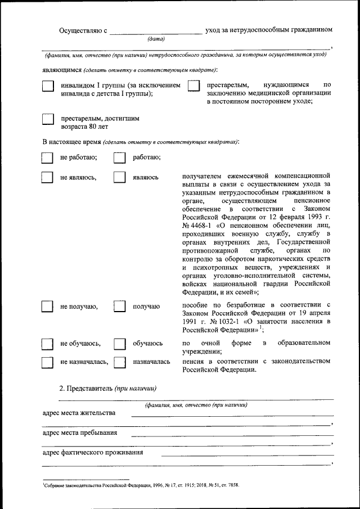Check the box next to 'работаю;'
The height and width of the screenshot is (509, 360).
[119, 158]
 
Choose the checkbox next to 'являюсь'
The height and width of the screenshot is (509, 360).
[119, 178]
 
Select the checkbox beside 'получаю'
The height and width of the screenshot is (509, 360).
[119, 307]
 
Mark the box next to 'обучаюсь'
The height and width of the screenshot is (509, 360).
[119, 344]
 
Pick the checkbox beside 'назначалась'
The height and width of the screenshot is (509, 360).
[119, 362]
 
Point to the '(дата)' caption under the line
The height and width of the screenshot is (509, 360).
[156, 39]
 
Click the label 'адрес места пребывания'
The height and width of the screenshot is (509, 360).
[80, 433]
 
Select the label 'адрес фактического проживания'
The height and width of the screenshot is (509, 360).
[93, 452]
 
